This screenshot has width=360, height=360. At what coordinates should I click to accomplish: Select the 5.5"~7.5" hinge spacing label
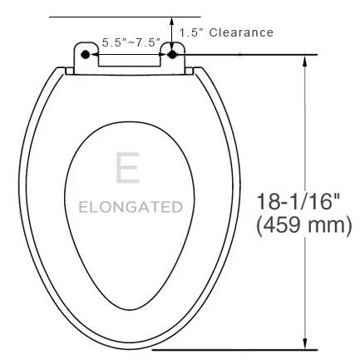[131, 42]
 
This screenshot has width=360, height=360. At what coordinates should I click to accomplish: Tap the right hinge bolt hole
[172, 52]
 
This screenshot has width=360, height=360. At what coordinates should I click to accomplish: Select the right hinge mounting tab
[173, 54]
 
